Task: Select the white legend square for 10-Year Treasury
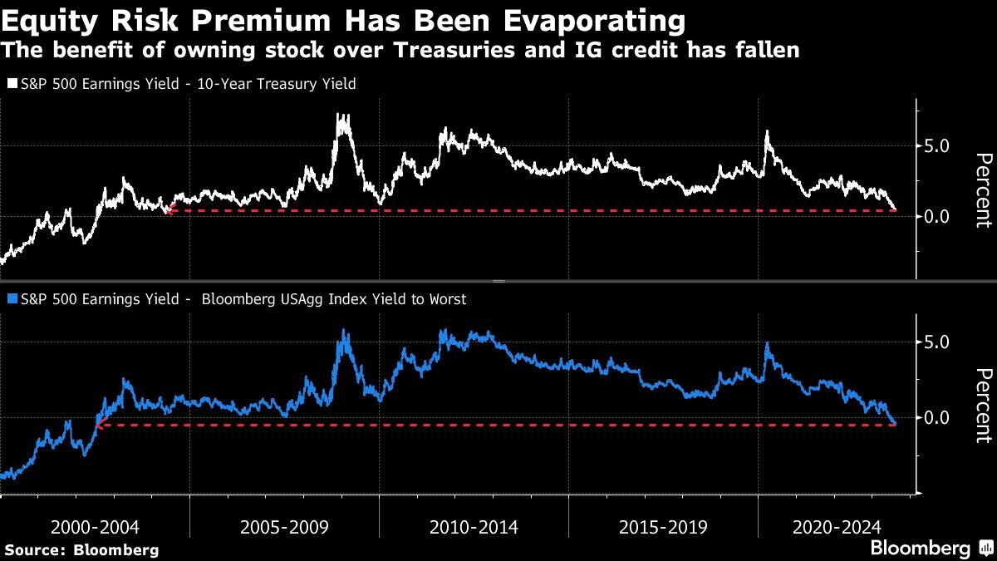(12, 85)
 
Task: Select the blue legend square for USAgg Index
(12, 299)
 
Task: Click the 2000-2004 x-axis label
(95, 527)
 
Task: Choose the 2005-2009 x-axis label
(284, 527)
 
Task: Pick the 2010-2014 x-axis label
(474, 527)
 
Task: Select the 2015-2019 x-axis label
(663, 527)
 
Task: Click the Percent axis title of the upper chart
(983, 190)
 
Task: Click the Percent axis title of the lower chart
(983, 405)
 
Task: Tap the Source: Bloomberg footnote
(81, 549)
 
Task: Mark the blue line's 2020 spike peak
(768, 343)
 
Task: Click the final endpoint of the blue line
(894, 424)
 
